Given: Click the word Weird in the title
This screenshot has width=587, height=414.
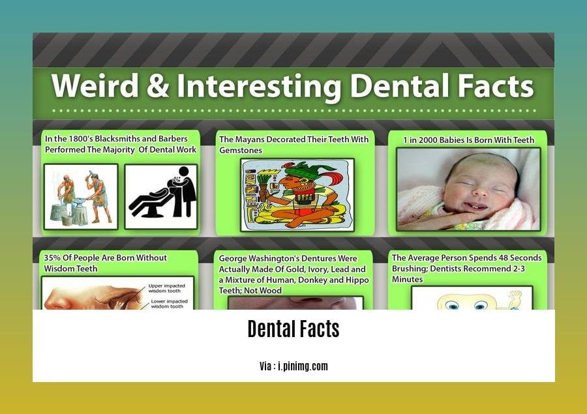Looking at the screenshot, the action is [95, 85].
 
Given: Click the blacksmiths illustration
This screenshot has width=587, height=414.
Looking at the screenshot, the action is [81, 197].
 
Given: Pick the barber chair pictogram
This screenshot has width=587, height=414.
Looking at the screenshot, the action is [160, 197].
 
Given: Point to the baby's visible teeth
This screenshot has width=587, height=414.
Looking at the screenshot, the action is [475, 206].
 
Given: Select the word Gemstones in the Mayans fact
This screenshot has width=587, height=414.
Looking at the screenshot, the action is [241, 150].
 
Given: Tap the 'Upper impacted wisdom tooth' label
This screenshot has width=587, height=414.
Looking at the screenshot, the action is [166, 288].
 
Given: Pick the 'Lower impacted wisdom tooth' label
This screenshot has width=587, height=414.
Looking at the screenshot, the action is [169, 304].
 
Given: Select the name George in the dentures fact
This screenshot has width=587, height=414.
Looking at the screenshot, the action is [232, 259].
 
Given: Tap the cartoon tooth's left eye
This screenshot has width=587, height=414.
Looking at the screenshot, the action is [452, 306].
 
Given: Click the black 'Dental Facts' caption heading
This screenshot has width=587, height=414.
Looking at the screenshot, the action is [293, 329].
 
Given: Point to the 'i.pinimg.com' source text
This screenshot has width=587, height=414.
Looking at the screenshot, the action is [303, 366].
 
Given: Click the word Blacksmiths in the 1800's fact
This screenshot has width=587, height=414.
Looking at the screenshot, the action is [117, 138].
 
